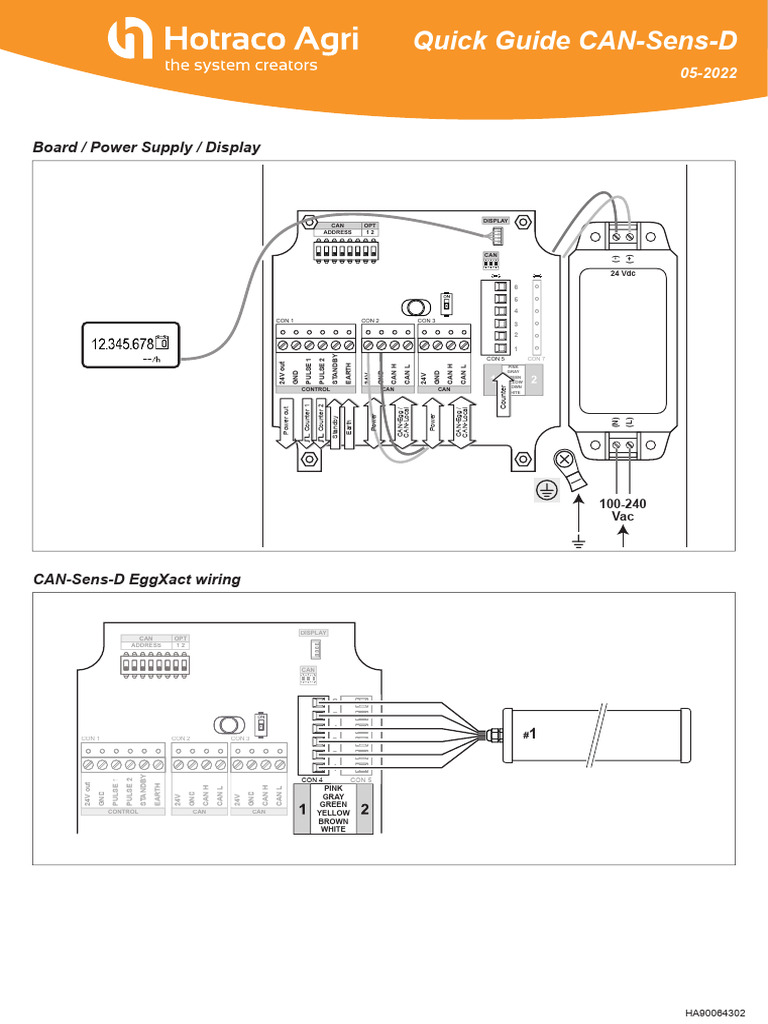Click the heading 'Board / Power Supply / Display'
pyautogui.click(x=147, y=147)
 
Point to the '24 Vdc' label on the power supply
pyautogui.click(x=623, y=272)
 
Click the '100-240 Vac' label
pyautogui.click(x=623, y=510)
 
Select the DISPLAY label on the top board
pyautogui.click(x=496, y=220)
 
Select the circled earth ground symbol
pyautogui.click(x=545, y=490)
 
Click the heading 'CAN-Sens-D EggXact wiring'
pyautogui.click(x=137, y=579)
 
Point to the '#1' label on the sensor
pyautogui.click(x=530, y=734)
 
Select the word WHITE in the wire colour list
pyautogui.click(x=333, y=829)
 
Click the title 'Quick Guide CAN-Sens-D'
pyautogui.click(x=575, y=41)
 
